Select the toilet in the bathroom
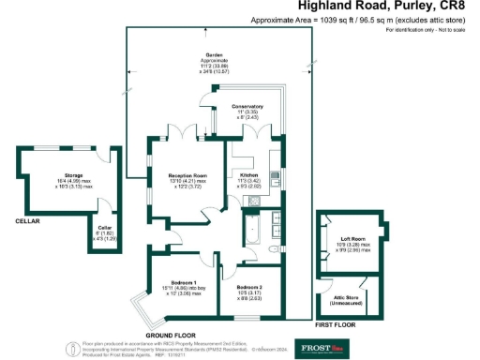tap(272, 250)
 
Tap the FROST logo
tap(320, 345)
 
